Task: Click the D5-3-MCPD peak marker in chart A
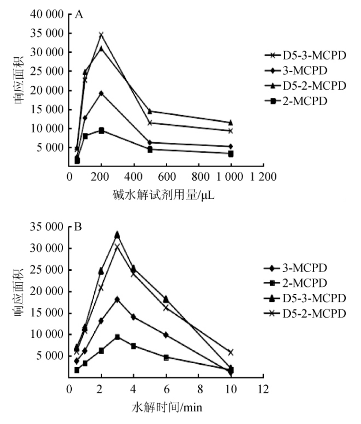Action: click(x=101, y=35)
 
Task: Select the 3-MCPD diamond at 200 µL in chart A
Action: click(x=101, y=93)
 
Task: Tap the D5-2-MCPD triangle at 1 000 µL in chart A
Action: click(x=231, y=122)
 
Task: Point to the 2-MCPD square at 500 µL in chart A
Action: click(x=150, y=149)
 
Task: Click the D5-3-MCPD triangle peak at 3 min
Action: click(x=117, y=234)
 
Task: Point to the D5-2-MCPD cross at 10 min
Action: click(x=230, y=352)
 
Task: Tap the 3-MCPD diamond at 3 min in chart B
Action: click(x=117, y=299)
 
